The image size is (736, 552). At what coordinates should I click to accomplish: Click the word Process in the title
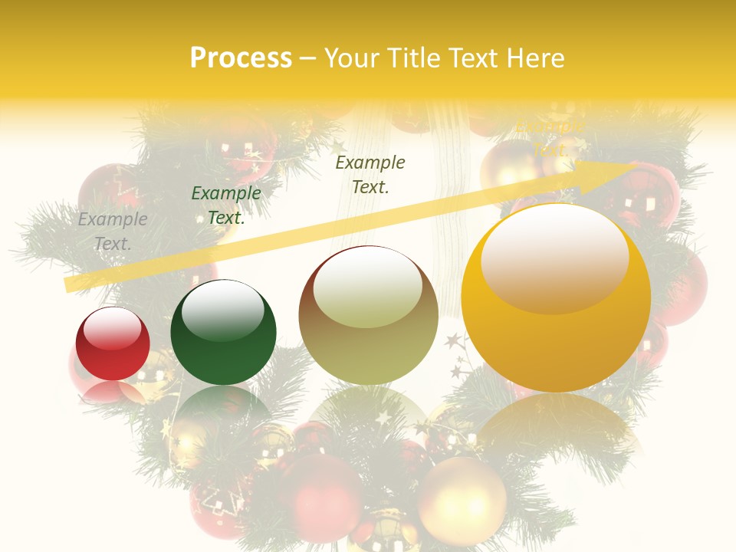point(241,58)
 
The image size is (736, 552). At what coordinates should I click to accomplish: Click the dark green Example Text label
point(225,205)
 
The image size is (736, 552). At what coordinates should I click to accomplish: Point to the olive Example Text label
point(370,174)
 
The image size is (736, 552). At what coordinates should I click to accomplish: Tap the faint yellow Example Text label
point(550,136)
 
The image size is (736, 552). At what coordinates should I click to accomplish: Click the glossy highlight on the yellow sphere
point(554,257)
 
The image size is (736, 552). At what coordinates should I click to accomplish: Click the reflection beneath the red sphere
point(113,393)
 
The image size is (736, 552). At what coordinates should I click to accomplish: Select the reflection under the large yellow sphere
point(556,422)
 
